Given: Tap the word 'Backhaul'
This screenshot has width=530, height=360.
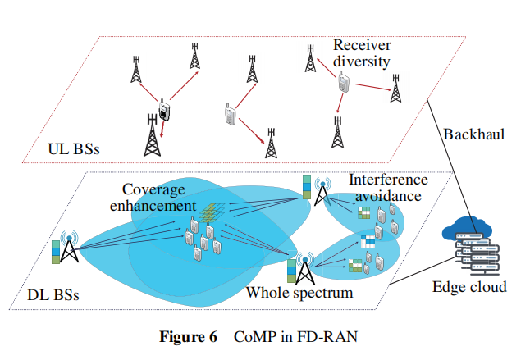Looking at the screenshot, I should pos(473,134).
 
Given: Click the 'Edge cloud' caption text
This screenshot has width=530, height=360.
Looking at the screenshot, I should pos(469,286).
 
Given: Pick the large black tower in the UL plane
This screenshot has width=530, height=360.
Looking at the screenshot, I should pos(151,135).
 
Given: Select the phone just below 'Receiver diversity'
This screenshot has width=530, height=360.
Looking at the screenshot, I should pos(342,81).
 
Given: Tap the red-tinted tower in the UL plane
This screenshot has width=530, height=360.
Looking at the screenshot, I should pos(397,89).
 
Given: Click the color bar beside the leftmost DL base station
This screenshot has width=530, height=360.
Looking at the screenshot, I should pos(55,252).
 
